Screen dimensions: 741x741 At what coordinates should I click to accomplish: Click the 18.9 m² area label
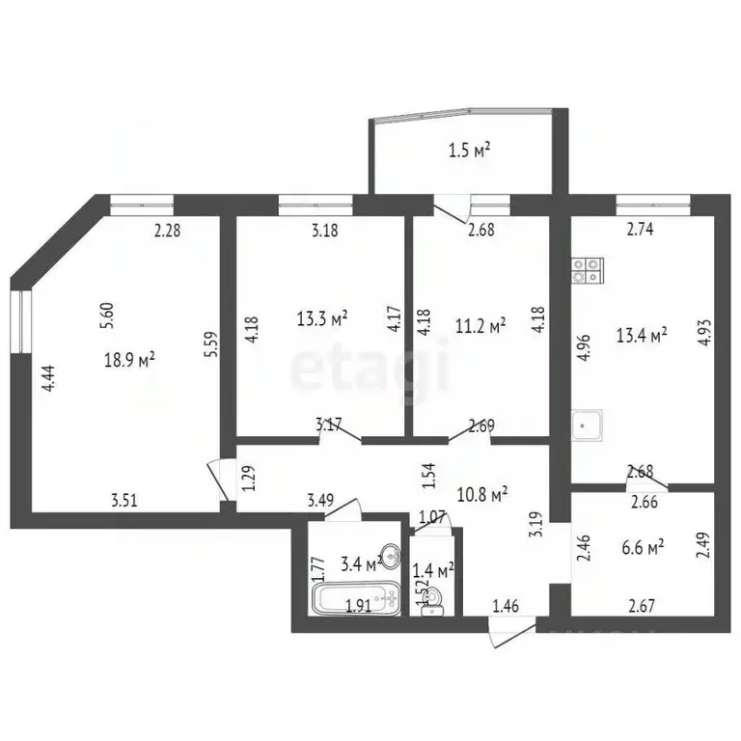pyautogui.click(x=130, y=360)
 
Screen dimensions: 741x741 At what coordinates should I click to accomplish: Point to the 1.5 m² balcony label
pyautogui.click(x=470, y=150)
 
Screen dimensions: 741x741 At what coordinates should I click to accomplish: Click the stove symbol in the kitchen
pyautogui.click(x=586, y=270)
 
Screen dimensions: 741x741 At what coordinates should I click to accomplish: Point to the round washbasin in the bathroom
pyautogui.click(x=391, y=555)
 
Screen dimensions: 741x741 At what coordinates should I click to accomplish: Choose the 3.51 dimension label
pyautogui.click(x=123, y=500)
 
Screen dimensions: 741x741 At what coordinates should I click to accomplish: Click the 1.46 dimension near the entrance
pyautogui.click(x=506, y=607)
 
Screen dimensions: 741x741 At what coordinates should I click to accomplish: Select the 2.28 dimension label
pyautogui.click(x=169, y=230)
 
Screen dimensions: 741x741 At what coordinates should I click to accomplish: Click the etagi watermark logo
pyautogui.click(x=370, y=370)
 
